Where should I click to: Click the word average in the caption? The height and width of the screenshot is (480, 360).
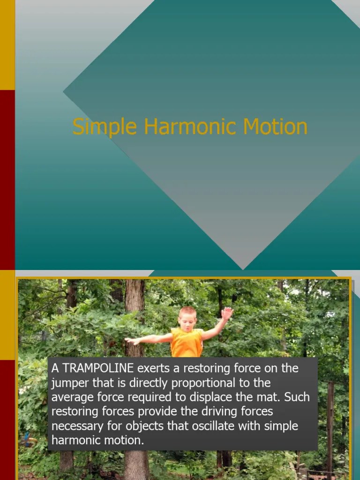tap(71, 397)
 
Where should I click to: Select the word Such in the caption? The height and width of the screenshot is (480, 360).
tap(297, 397)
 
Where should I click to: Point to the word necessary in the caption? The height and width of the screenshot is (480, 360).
tap(75, 427)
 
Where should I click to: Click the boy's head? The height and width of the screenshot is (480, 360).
tap(187, 317)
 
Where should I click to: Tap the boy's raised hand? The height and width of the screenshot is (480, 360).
tap(227, 313)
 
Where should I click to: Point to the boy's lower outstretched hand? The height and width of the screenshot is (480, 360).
tap(131, 341)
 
